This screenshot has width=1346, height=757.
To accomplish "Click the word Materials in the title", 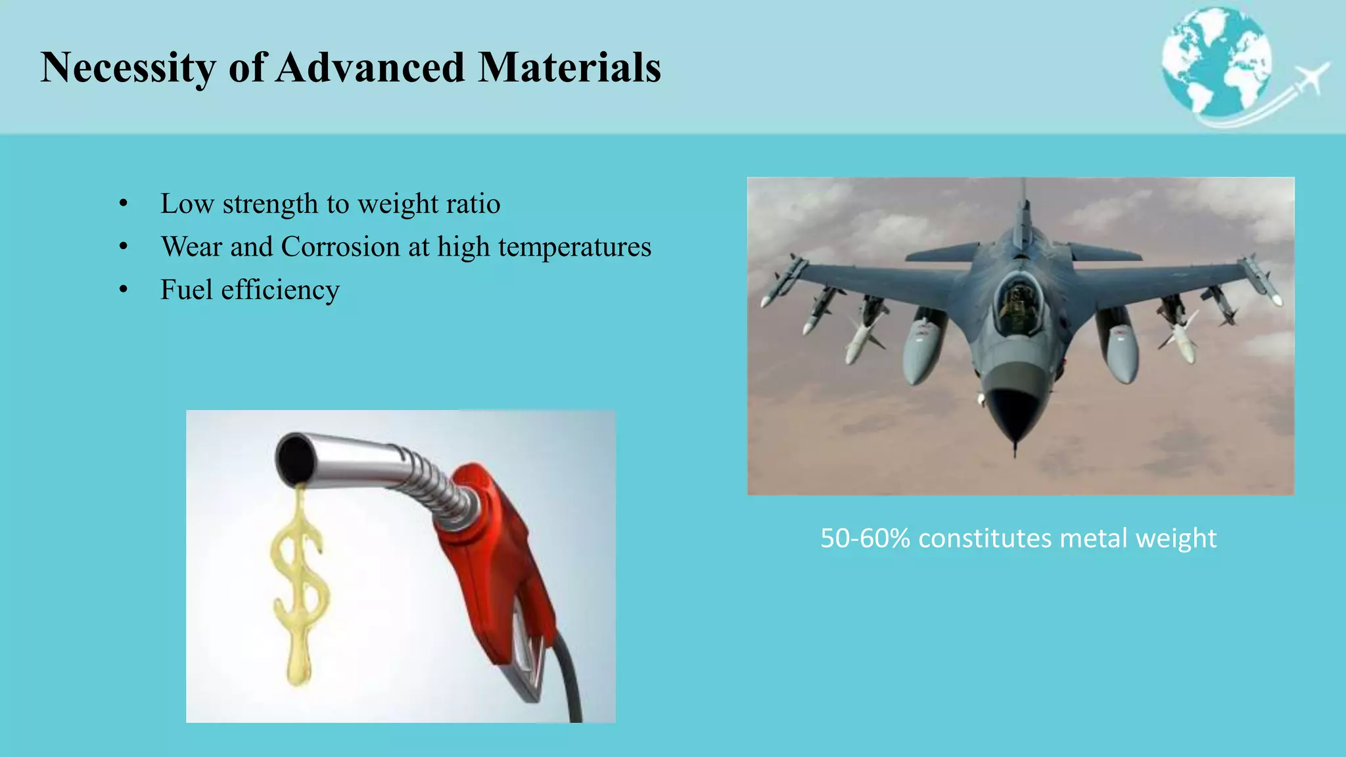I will click(569, 67).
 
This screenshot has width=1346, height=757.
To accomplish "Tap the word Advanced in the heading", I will click(370, 67).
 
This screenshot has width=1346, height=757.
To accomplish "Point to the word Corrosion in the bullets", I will click(340, 247).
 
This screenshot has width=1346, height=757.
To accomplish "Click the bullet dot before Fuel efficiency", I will click(124, 290).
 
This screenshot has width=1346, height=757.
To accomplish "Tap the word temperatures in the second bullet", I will click(574, 248).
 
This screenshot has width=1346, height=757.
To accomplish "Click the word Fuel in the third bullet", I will click(186, 290).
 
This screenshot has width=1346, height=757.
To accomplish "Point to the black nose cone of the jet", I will click(1014, 414).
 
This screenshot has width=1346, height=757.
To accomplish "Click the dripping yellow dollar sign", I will click(300, 585).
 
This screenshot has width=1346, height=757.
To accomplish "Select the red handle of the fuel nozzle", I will click(499, 565).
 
